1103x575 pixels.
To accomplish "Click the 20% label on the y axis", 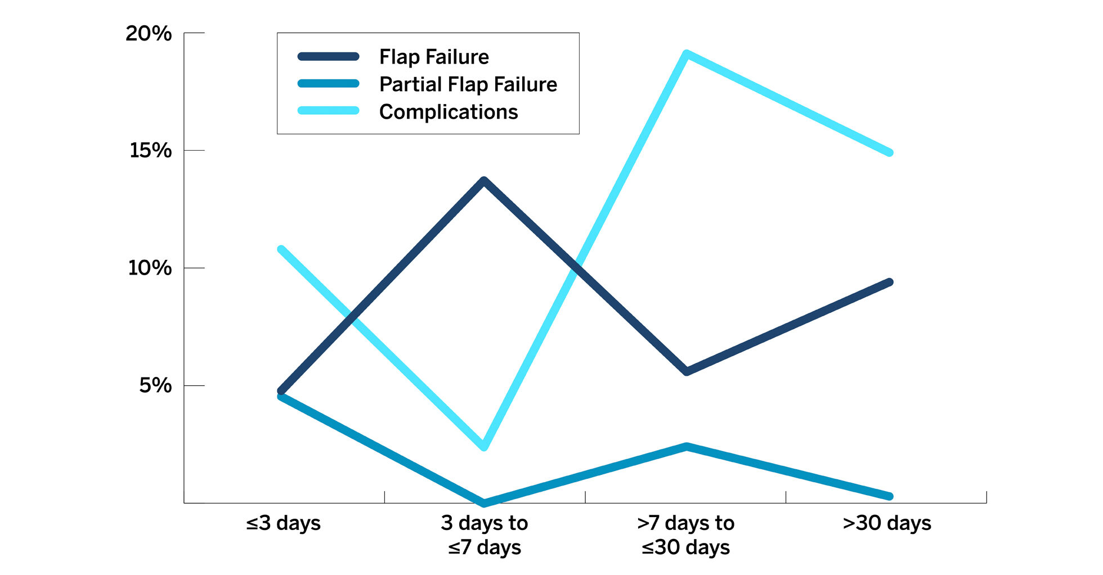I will [149, 34].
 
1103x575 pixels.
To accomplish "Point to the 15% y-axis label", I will [150, 151].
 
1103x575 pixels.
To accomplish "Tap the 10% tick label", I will [150, 268].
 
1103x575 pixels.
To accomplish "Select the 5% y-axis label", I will [155, 385].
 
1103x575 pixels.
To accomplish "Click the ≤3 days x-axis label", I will [283, 523].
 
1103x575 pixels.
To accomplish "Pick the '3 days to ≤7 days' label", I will [485, 535].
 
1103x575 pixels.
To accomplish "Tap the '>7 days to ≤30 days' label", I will [685, 535].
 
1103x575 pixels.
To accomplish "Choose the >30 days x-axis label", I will [887, 523].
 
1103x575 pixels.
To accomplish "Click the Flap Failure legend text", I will [434, 57].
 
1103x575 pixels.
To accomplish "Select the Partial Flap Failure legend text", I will [468, 84].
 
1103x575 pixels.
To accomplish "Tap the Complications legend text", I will [449, 112].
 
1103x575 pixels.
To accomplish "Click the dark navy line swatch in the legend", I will [328, 56].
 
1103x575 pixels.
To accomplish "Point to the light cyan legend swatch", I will [328, 111].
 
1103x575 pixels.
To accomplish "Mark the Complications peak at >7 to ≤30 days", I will [686, 54].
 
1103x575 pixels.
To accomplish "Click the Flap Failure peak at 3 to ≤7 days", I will [484, 181].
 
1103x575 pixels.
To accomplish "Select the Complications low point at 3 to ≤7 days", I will [484, 447].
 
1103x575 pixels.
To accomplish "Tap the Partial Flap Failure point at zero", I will [484, 502].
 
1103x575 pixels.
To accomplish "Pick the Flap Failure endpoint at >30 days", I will [890, 282].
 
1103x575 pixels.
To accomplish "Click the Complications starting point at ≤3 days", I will [281, 249].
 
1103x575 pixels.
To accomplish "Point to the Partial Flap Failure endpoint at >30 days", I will [890, 496].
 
